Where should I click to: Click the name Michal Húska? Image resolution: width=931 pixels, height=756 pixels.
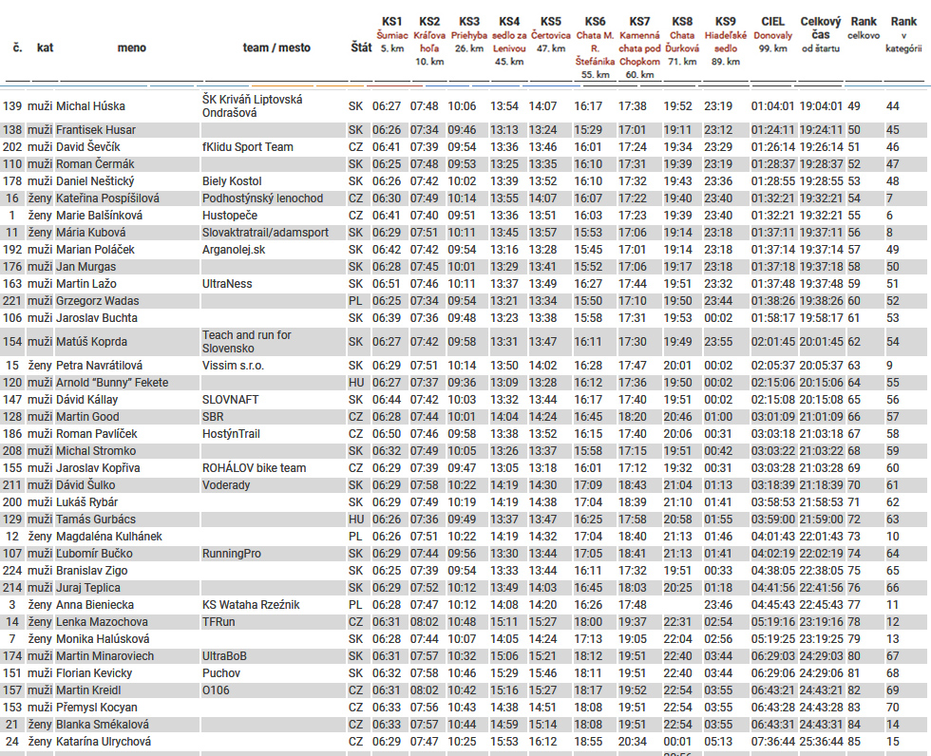90,106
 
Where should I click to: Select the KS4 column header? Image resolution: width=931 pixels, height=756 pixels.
509,21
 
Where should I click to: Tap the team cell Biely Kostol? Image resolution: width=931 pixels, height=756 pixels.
231,181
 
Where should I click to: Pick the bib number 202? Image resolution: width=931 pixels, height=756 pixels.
12,147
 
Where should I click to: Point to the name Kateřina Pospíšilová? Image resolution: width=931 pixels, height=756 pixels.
108,198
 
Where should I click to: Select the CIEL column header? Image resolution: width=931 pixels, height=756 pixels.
772,21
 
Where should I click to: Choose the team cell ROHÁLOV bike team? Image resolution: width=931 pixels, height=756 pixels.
254,468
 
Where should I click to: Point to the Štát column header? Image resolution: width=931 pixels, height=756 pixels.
360,47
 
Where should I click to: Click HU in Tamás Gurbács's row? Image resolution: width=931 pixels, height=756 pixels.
356,520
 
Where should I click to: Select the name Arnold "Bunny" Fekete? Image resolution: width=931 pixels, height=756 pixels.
112,383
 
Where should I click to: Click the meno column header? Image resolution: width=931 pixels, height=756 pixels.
132,47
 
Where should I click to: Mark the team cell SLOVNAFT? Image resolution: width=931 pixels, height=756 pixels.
230,400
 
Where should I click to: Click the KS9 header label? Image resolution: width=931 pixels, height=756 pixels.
725,21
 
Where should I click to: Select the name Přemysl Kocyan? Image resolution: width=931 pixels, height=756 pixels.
97,708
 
